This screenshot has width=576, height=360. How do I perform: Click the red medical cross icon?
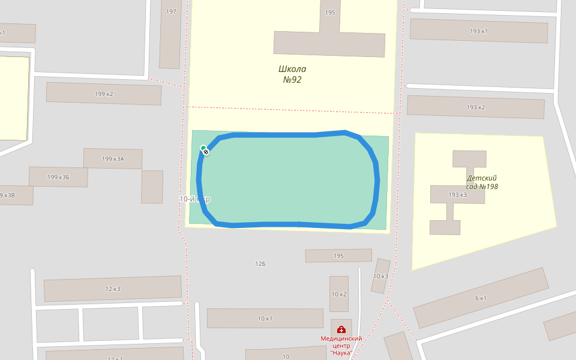click(x=341, y=329)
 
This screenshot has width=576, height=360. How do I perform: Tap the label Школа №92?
click(x=292, y=74)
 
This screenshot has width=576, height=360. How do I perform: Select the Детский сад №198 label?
click(x=482, y=182)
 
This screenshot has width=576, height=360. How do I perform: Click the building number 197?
click(x=172, y=12)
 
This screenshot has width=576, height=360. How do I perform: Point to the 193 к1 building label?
click(x=478, y=31)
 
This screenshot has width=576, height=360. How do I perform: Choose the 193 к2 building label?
click(x=475, y=107)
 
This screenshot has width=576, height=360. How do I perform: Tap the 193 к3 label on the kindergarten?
click(x=457, y=195)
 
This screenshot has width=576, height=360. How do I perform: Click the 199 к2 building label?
click(x=104, y=94)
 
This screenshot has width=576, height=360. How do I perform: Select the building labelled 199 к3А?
click(x=113, y=159)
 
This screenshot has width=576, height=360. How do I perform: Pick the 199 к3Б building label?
click(x=58, y=177)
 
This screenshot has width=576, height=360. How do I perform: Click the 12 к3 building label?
click(x=113, y=289)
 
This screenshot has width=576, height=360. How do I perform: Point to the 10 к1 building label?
click(x=265, y=319)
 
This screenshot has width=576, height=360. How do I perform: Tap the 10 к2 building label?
click(x=339, y=295)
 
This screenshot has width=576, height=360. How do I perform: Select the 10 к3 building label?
click(x=380, y=277)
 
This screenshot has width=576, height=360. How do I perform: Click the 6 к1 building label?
click(x=481, y=298)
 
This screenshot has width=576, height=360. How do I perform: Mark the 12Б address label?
click(x=260, y=264)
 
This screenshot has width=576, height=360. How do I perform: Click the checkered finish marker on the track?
click(x=206, y=152)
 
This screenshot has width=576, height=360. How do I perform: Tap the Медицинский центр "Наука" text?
click(x=341, y=345)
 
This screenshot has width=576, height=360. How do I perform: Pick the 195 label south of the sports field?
click(x=338, y=256)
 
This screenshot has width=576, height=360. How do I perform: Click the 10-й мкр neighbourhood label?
click(x=195, y=199)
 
